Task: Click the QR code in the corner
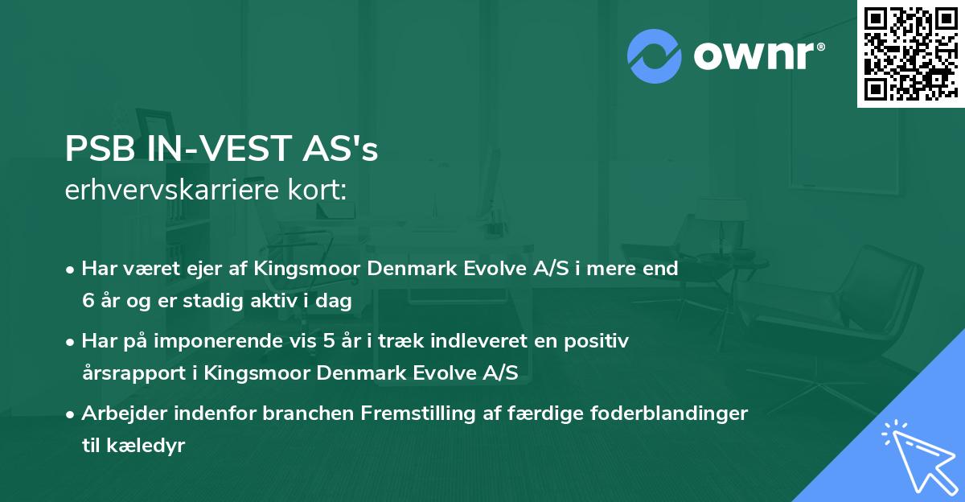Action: pos(910,53)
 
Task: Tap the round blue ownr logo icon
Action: pos(654,56)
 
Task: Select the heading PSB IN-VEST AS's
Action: pos(221,150)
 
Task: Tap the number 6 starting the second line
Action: pos(88,300)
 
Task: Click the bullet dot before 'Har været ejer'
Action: pos(72,270)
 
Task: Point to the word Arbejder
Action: pos(117,414)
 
